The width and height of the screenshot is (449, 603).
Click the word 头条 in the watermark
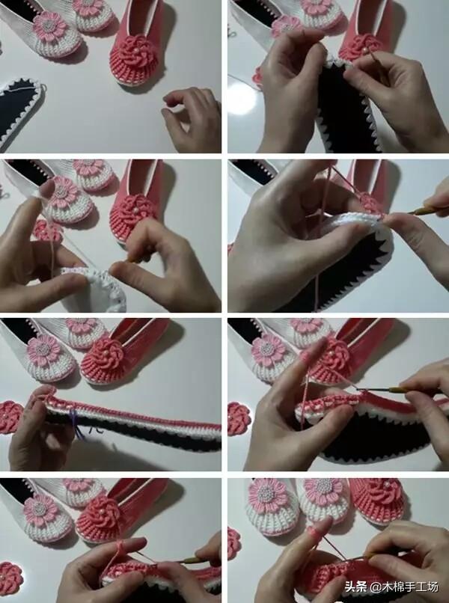[356, 587]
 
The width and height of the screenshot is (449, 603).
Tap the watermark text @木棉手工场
[403, 587]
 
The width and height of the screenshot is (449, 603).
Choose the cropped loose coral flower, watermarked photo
[233, 543]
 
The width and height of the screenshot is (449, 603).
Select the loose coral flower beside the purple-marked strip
[10, 417]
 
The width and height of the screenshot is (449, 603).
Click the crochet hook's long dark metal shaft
[378, 391]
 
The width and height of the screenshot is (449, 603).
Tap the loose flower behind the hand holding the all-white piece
[47, 231]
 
